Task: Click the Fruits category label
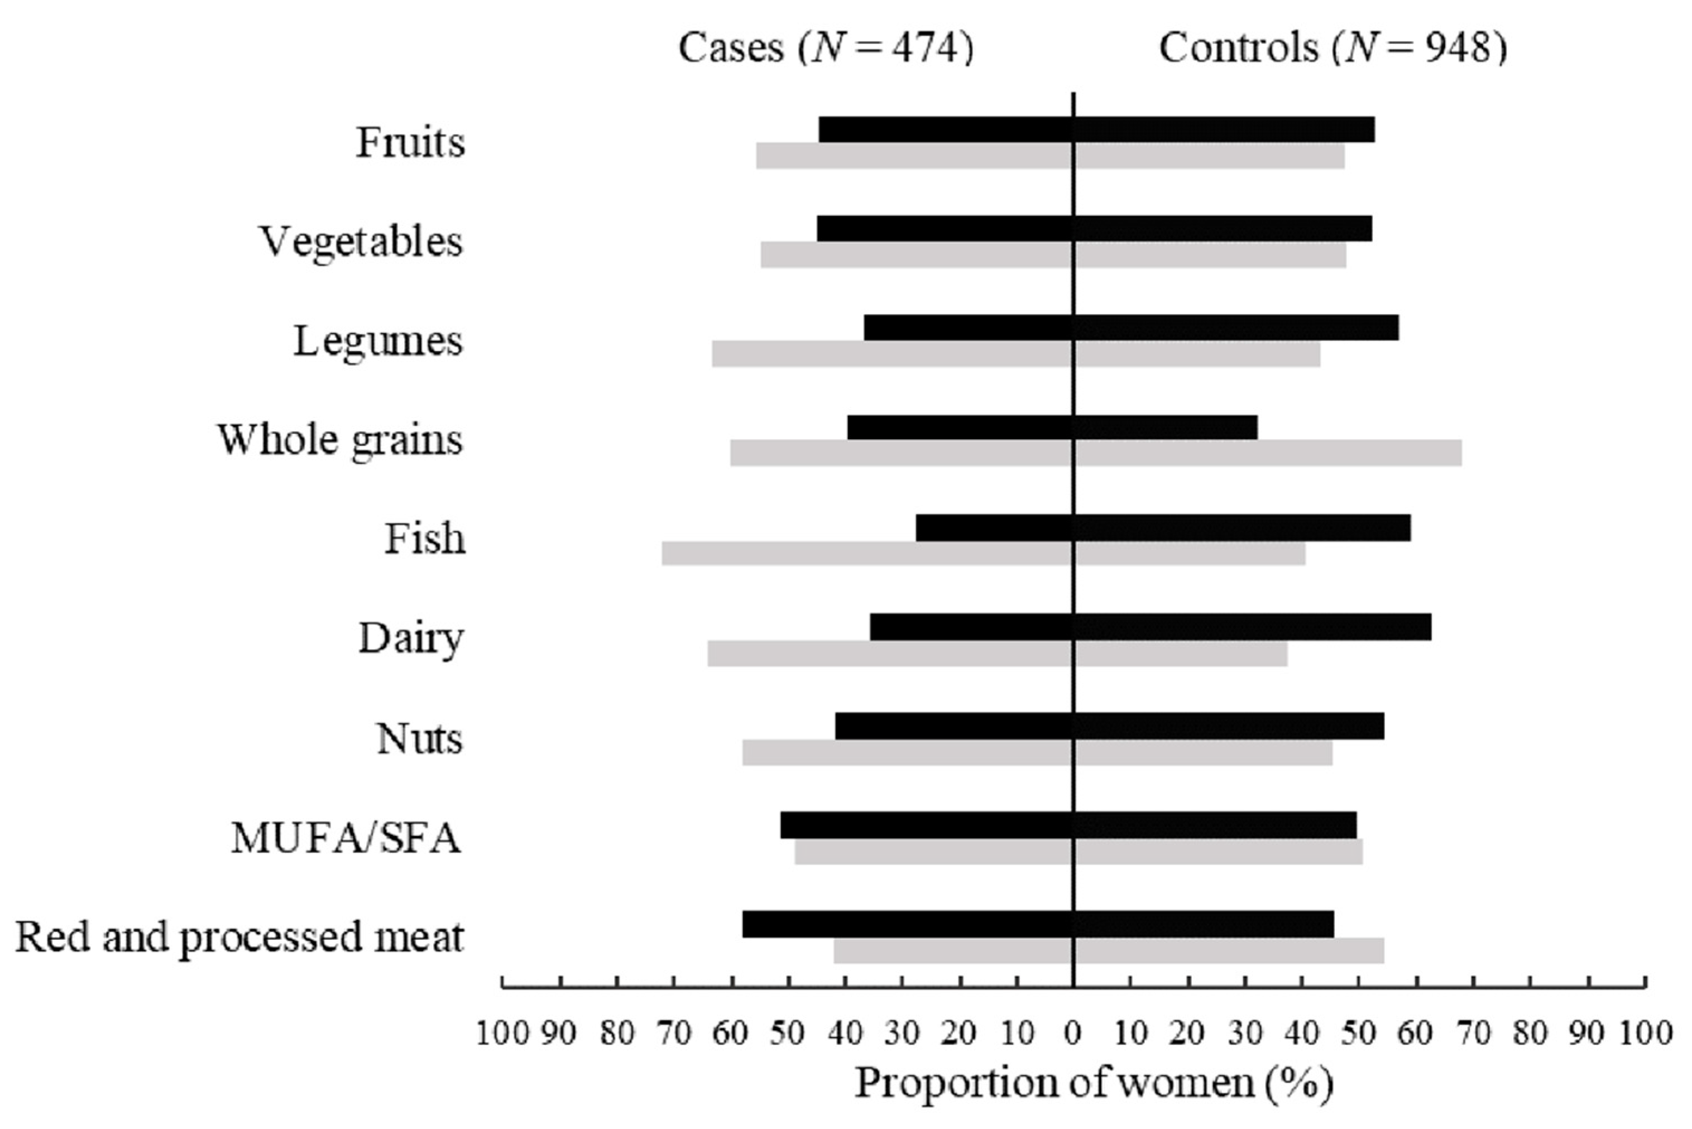tap(410, 142)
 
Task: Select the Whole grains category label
tap(340, 439)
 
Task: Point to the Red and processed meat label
tap(239, 938)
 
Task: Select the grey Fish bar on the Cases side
tap(867, 553)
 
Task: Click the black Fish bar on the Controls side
tap(1242, 528)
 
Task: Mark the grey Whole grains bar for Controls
tap(1267, 454)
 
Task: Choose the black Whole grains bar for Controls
tap(1165, 427)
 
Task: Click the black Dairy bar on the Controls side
tap(1252, 626)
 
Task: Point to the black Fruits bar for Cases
tap(946, 129)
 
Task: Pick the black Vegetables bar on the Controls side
tap(1223, 228)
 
